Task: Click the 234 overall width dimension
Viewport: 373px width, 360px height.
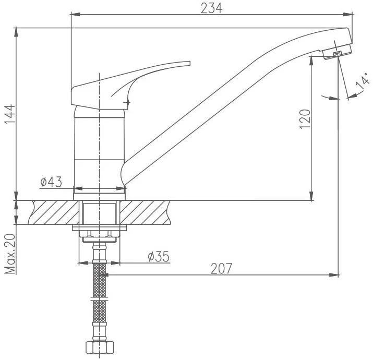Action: pyautogui.click(x=211, y=8)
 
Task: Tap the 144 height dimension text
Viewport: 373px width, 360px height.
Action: pyautogui.click(x=10, y=114)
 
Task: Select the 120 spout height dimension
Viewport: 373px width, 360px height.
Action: pyautogui.click(x=305, y=119)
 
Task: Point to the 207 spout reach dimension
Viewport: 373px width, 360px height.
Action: pyautogui.click(x=221, y=268)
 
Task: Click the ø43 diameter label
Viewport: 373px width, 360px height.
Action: pyautogui.click(x=51, y=182)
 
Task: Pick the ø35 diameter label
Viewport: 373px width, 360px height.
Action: pyautogui.click(x=159, y=257)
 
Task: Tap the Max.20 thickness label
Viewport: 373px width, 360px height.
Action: pyautogui.click(x=10, y=254)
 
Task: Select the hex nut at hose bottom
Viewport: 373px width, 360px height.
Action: pyautogui.click(x=100, y=347)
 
